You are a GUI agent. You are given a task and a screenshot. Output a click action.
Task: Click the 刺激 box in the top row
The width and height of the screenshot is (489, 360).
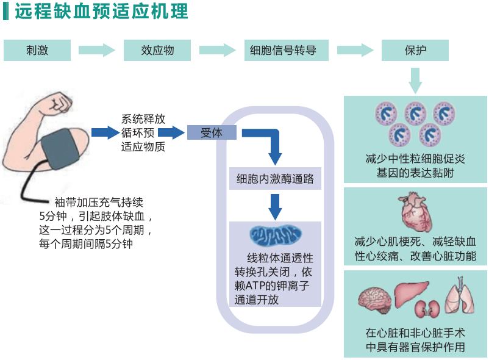tap(37, 50)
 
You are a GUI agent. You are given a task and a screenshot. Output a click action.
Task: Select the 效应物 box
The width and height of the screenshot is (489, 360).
tap(157, 50)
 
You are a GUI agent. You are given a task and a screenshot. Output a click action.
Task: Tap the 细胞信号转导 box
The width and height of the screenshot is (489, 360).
tap(287, 50)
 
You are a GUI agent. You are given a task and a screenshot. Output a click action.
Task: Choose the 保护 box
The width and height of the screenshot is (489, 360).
tap(415, 50)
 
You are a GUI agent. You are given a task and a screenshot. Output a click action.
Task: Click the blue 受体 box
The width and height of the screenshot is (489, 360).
tap(212, 132)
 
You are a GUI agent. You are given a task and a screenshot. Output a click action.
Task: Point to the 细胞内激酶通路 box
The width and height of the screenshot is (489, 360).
tap(275, 179)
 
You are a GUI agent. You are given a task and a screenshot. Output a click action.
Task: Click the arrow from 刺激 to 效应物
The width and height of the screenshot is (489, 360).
tap(97, 50)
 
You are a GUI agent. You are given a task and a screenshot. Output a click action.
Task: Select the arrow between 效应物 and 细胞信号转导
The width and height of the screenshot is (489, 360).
tap(218, 50)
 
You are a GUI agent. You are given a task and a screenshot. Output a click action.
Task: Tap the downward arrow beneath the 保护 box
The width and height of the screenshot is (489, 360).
tap(415, 81)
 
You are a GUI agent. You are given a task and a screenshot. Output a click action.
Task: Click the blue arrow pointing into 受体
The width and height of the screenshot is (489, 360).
tap(171, 132)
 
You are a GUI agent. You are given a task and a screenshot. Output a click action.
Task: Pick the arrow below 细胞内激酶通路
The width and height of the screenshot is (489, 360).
tap(275, 207)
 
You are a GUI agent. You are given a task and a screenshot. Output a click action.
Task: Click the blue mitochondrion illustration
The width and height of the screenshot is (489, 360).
tap(276, 235)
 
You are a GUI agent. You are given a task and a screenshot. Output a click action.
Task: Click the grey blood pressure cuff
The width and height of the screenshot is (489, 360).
tap(60, 148)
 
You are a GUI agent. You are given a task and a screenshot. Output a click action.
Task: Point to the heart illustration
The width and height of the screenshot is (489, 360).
tap(415, 212)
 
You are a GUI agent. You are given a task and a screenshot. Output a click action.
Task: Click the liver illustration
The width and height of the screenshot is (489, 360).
tap(412, 293)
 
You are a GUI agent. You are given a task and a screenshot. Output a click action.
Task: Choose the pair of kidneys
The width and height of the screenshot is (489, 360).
tap(427, 309)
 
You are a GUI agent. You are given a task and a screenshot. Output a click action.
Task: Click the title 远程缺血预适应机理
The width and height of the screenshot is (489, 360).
tap(102, 11)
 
